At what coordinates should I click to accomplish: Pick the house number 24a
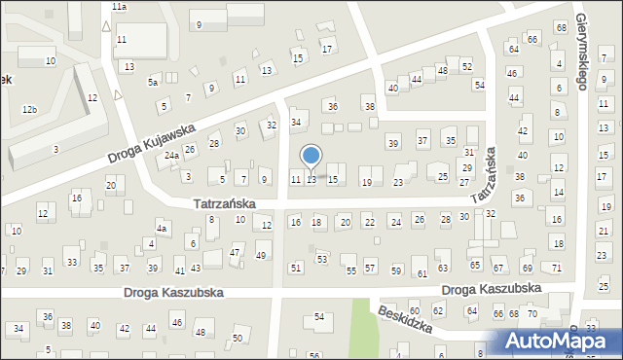tap(170, 156)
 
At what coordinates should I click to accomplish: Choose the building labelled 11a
tap(119, 6)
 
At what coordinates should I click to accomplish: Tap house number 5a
tap(153, 83)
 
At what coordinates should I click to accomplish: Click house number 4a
tap(164, 229)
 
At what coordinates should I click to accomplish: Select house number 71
tap(556, 268)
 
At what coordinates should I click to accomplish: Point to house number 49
tap(261, 255)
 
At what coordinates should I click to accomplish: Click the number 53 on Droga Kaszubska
tap(322, 259)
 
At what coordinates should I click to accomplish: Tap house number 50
tap(238, 338)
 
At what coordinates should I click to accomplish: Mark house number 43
tap(196, 268)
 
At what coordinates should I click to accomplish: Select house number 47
tap(235, 253)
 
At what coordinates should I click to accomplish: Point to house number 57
tap(370, 267)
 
